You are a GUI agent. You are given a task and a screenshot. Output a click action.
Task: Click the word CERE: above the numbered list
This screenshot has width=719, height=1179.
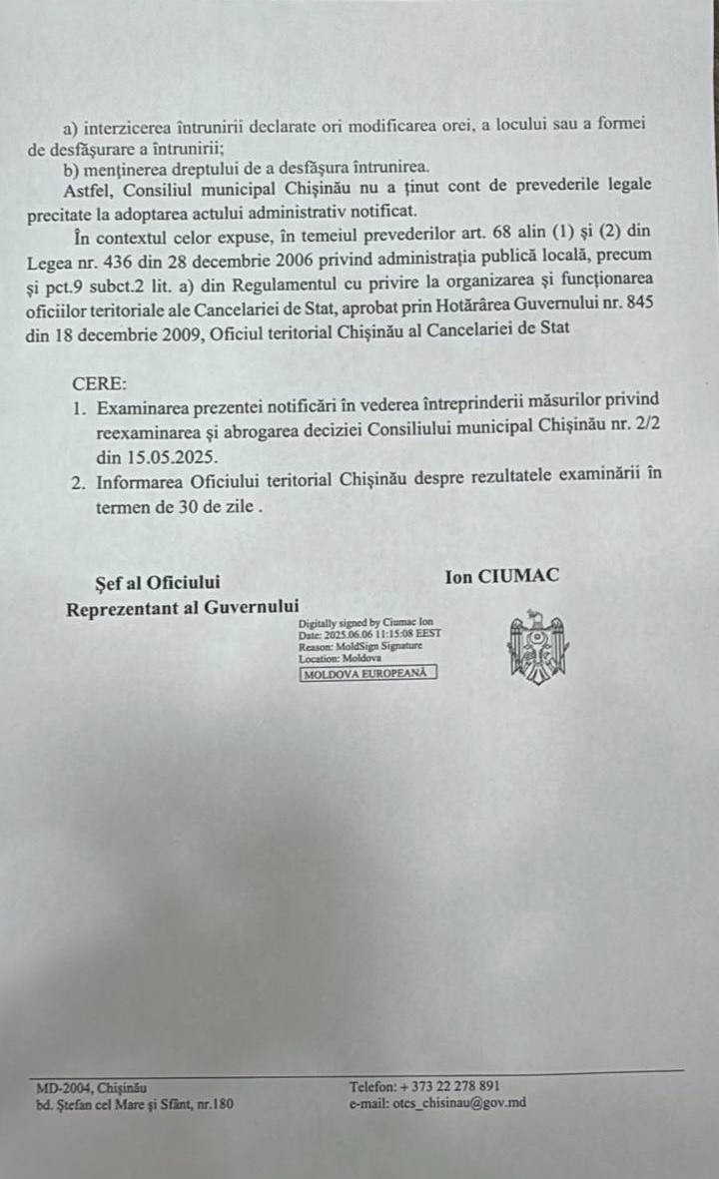pyautogui.click(x=99, y=382)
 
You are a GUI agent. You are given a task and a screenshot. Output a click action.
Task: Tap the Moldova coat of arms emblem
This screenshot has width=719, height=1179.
pyautogui.click(x=538, y=647)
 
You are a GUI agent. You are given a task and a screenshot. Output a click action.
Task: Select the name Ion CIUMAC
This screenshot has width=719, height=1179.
pyautogui.click(x=503, y=576)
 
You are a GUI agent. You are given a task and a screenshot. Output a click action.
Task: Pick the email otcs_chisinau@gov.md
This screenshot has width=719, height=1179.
pyautogui.click(x=437, y=1103)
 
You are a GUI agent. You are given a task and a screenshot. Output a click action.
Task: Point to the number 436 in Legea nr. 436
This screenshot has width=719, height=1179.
pyautogui.click(x=113, y=261)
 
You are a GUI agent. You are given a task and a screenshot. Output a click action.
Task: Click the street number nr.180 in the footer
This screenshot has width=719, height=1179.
pyautogui.click(x=216, y=1104)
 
